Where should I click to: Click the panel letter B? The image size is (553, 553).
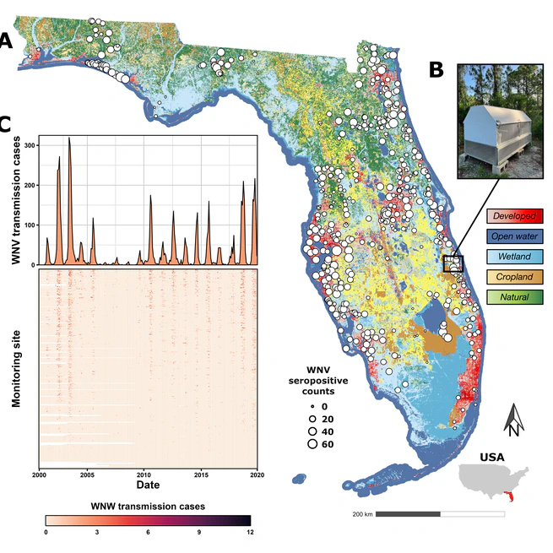pos(436,69)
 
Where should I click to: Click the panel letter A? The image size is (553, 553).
pos(6,41)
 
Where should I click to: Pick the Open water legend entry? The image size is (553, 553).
pos(514,237)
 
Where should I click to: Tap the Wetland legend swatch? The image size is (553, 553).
pos(514,257)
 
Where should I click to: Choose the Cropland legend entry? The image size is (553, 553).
pos(514,276)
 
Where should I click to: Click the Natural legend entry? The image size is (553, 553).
pos(514,295)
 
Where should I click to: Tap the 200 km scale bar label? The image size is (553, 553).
pos(361,514)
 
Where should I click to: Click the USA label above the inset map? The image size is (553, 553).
pos(491,457)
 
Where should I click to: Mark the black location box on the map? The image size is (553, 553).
pos(453,263)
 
